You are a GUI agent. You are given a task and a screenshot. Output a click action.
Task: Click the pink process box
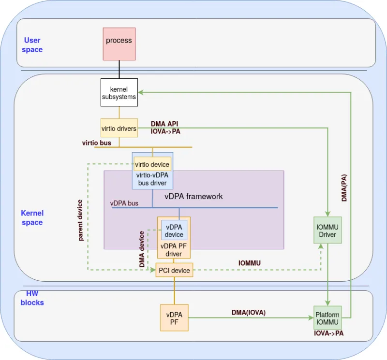[x=119, y=43]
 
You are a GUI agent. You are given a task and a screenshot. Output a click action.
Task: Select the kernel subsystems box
[x=119, y=93]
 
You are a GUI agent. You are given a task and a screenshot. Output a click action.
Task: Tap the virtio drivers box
[x=119, y=129]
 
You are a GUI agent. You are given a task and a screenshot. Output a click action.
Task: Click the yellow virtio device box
[x=152, y=164]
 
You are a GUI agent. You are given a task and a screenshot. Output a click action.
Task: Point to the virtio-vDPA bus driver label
[x=152, y=179]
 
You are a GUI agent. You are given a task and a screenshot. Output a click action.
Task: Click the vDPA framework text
[x=193, y=196]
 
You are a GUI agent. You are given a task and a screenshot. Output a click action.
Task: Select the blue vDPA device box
[x=174, y=230]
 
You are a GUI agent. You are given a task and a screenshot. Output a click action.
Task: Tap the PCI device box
[x=174, y=270]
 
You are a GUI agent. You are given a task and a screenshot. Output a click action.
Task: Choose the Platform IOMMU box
[x=327, y=318]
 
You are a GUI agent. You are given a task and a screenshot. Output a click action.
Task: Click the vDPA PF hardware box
[x=174, y=317]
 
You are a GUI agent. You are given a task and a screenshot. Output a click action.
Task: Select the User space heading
[x=32, y=45]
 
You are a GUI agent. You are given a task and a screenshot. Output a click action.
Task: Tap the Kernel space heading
[x=32, y=217]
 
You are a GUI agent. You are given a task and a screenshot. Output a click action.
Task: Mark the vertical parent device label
[x=80, y=220]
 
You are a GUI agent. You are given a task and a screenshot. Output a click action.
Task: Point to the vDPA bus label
[x=124, y=203]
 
